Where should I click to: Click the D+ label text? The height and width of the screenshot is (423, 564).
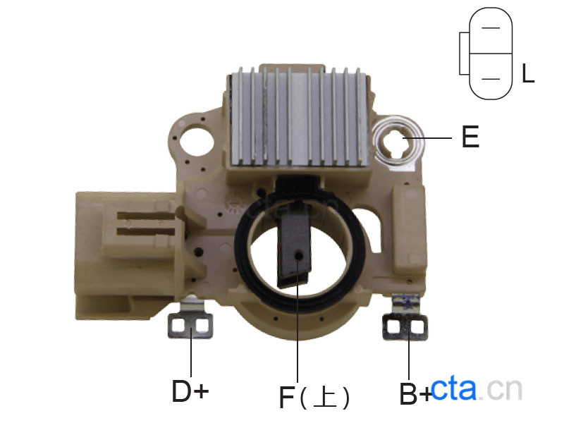point(190,391)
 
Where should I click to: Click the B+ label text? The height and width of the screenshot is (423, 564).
point(415,394)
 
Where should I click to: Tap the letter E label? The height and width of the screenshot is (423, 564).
point(470,137)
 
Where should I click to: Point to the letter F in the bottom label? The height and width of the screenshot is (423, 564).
point(287,397)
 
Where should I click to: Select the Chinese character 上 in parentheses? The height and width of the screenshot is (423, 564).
point(324,397)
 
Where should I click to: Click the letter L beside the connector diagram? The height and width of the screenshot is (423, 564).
point(527,73)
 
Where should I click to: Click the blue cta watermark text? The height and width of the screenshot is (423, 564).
point(453,389)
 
